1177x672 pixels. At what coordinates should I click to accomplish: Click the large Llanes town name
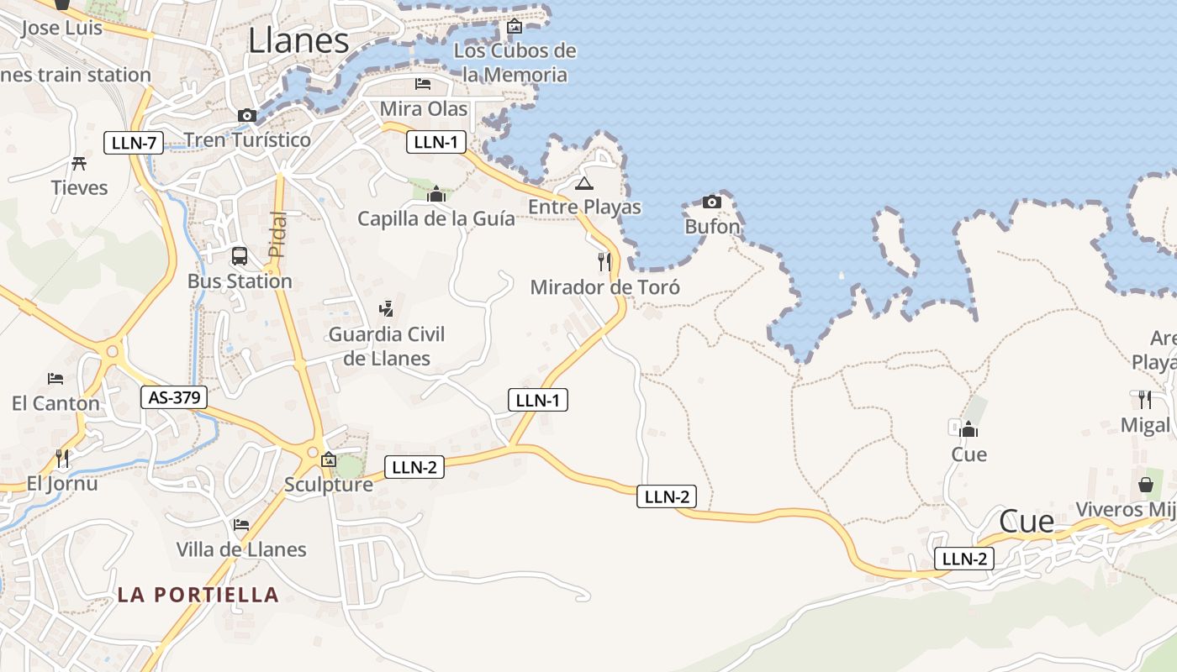[298, 40]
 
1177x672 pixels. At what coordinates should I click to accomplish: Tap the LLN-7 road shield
[134, 143]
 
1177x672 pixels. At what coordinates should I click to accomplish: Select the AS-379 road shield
[174, 397]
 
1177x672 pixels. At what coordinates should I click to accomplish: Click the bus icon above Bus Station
[240, 255]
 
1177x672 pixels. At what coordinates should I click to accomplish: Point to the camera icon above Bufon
[711, 202]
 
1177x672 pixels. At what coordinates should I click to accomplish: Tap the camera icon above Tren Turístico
[246, 115]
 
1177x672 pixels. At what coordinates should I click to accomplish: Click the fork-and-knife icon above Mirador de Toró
[604, 261]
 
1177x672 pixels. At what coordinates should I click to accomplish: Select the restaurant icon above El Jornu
[62, 458]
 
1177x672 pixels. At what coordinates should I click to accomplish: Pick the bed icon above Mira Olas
[423, 84]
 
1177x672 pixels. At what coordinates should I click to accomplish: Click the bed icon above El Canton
[55, 379]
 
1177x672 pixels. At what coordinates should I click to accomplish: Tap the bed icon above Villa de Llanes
[241, 524]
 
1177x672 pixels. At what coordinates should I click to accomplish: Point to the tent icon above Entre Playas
[584, 183]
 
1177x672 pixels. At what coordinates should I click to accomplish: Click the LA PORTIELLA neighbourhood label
[198, 595]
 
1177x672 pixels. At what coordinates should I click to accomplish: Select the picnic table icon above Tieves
[80, 163]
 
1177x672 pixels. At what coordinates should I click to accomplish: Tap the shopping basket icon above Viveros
[1145, 485]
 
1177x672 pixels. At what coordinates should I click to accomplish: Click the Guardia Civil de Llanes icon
[386, 309]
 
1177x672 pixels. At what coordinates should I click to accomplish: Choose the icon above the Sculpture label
[329, 459]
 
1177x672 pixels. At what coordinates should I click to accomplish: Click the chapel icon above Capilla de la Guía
[435, 195]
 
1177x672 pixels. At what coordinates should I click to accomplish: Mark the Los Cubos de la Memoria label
[515, 62]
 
